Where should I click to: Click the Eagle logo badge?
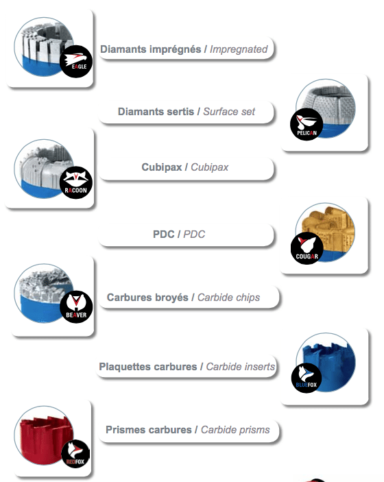click(75, 61)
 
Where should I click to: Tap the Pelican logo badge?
click(307, 124)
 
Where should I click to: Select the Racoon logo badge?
click(75, 182)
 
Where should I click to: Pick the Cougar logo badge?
click(307, 248)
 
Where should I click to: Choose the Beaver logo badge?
click(76, 306)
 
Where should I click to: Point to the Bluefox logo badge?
click(307, 378)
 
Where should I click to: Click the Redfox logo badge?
click(75, 454)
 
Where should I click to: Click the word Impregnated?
click(239, 49)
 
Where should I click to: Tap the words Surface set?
click(229, 112)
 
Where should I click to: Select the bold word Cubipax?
click(161, 167)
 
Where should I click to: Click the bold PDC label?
click(164, 234)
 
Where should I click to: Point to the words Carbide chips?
click(228, 298)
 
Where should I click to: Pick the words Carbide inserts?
click(240, 366)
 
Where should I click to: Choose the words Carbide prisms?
click(235, 430)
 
